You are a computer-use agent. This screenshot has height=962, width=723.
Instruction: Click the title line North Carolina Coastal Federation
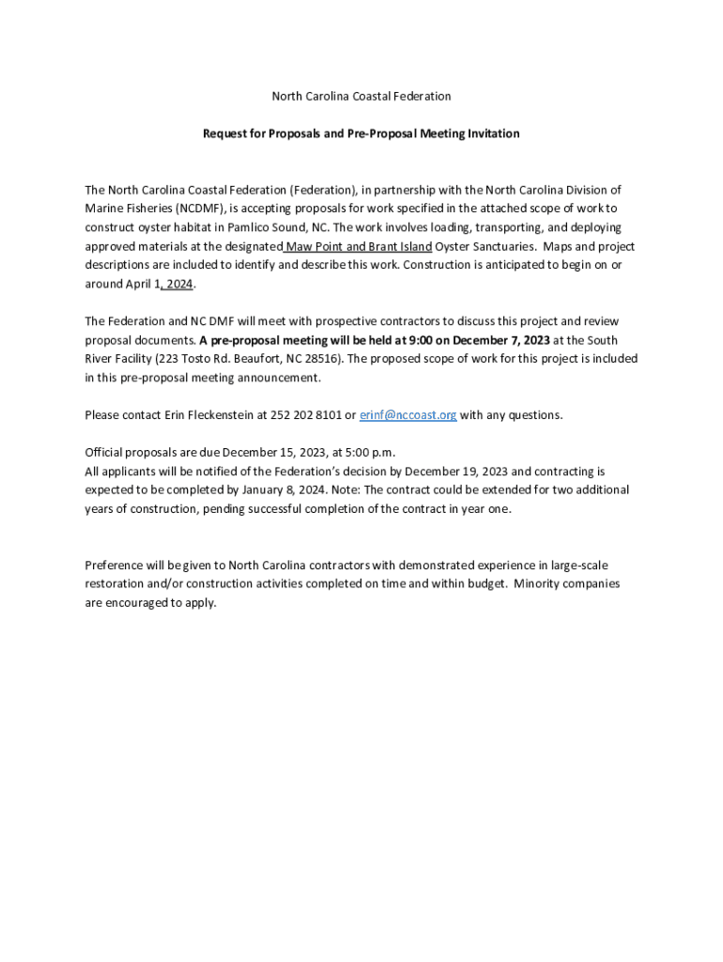(x=361, y=96)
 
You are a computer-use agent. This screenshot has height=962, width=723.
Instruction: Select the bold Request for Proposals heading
(x=361, y=133)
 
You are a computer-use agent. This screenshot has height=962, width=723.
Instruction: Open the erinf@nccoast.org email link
(x=408, y=415)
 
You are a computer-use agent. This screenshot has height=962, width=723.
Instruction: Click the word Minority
(x=540, y=584)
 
